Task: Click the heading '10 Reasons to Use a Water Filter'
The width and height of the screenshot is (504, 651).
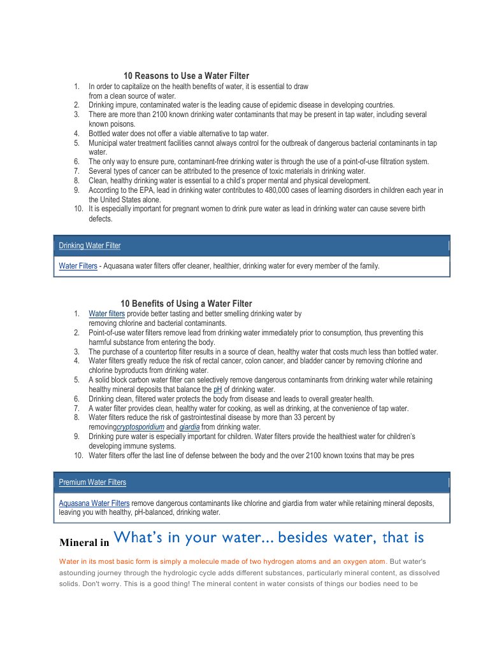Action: pyautogui.click(x=186, y=76)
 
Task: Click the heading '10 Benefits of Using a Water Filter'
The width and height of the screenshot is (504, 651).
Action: pyautogui.click(x=186, y=304)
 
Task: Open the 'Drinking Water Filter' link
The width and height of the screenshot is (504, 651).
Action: pyautogui.click(x=89, y=246)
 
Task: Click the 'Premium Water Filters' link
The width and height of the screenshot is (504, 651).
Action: pyautogui.click(x=92, y=482)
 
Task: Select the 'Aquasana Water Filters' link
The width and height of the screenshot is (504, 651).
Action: pyautogui.click(x=94, y=503)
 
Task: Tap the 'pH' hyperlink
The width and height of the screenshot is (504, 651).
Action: pyautogui.click(x=217, y=389)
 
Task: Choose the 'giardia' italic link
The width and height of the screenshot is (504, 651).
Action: pyautogui.click(x=189, y=427)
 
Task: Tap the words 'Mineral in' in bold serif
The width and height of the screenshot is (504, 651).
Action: pyautogui.click(x=84, y=543)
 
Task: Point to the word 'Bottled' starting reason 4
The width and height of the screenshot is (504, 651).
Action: pyautogui.click(x=100, y=134)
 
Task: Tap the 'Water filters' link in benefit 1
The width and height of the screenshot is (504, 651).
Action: pyautogui.click(x=106, y=314)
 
